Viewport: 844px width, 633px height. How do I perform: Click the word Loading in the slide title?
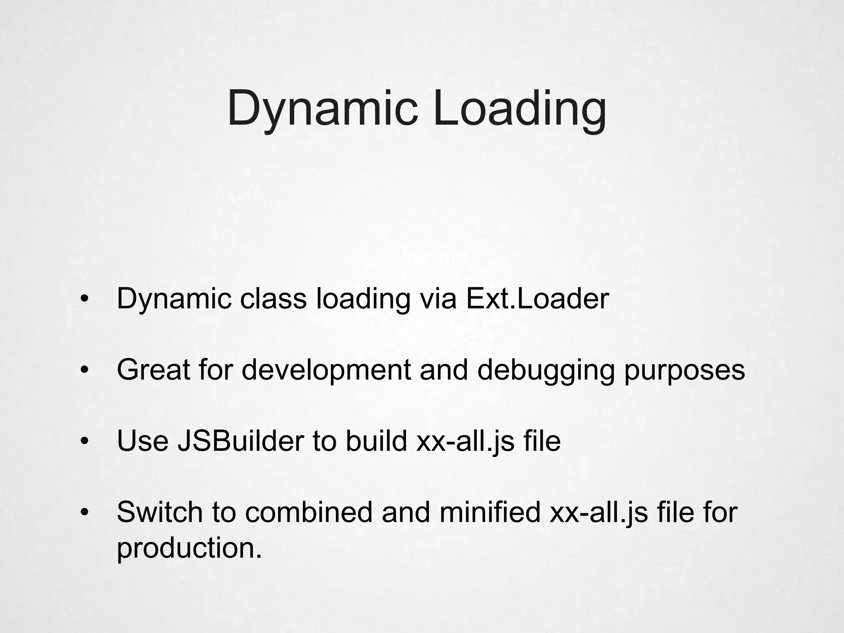(x=520, y=108)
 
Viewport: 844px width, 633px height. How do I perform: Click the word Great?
(x=153, y=370)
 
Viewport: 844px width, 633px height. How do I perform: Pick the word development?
(x=326, y=370)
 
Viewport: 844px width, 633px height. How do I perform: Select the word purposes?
(x=685, y=370)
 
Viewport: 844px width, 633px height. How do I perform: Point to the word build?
(x=376, y=441)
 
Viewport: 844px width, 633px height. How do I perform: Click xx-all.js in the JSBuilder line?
(x=466, y=441)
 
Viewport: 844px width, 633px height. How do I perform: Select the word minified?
(x=490, y=512)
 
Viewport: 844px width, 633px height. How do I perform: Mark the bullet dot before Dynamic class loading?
(x=84, y=300)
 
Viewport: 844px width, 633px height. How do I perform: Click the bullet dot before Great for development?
(x=84, y=370)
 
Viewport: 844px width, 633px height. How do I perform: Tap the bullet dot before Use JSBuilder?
(x=84, y=442)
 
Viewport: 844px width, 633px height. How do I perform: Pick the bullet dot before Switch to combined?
(x=84, y=513)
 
